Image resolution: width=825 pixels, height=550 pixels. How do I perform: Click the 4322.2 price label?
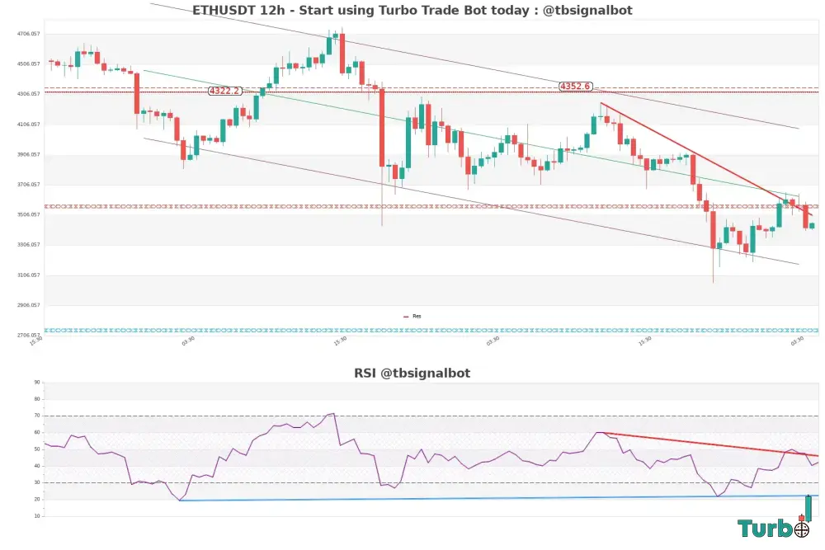click(225, 91)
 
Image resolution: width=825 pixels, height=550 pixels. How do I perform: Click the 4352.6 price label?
click(575, 86)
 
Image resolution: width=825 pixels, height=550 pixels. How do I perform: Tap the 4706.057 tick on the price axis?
click(29, 34)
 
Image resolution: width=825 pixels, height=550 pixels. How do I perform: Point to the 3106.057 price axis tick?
click(29, 275)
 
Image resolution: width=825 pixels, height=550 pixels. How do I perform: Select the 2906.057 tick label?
click(29, 305)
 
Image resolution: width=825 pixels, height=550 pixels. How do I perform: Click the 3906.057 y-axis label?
click(29, 154)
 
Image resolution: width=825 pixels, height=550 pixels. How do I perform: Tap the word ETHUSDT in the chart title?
click(222, 11)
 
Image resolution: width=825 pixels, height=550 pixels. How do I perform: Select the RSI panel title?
click(412, 373)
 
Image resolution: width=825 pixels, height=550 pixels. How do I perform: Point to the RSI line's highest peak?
click(332, 413)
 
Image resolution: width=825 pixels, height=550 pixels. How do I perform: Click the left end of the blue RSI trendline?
click(179, 501)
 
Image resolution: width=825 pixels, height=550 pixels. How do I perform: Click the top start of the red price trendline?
click(601, 103)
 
